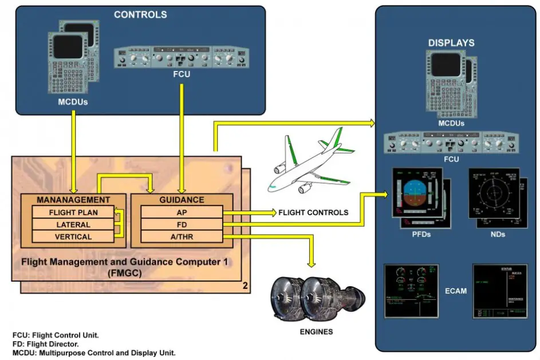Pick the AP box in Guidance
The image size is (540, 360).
[x=181, y=212]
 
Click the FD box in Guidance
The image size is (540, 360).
[x=181, y=224]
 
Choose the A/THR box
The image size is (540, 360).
[x=181, y=236]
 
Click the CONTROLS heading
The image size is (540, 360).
[x=140, y=15]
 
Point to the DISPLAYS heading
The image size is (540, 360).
[x=451, y=43]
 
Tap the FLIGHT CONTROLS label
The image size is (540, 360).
[x=313, y=212]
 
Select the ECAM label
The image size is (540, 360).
[x=456, y=291]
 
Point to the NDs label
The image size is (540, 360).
[x=498, y=235]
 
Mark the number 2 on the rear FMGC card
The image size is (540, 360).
[x=245, y=286]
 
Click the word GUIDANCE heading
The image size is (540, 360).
[x=181, y=200]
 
